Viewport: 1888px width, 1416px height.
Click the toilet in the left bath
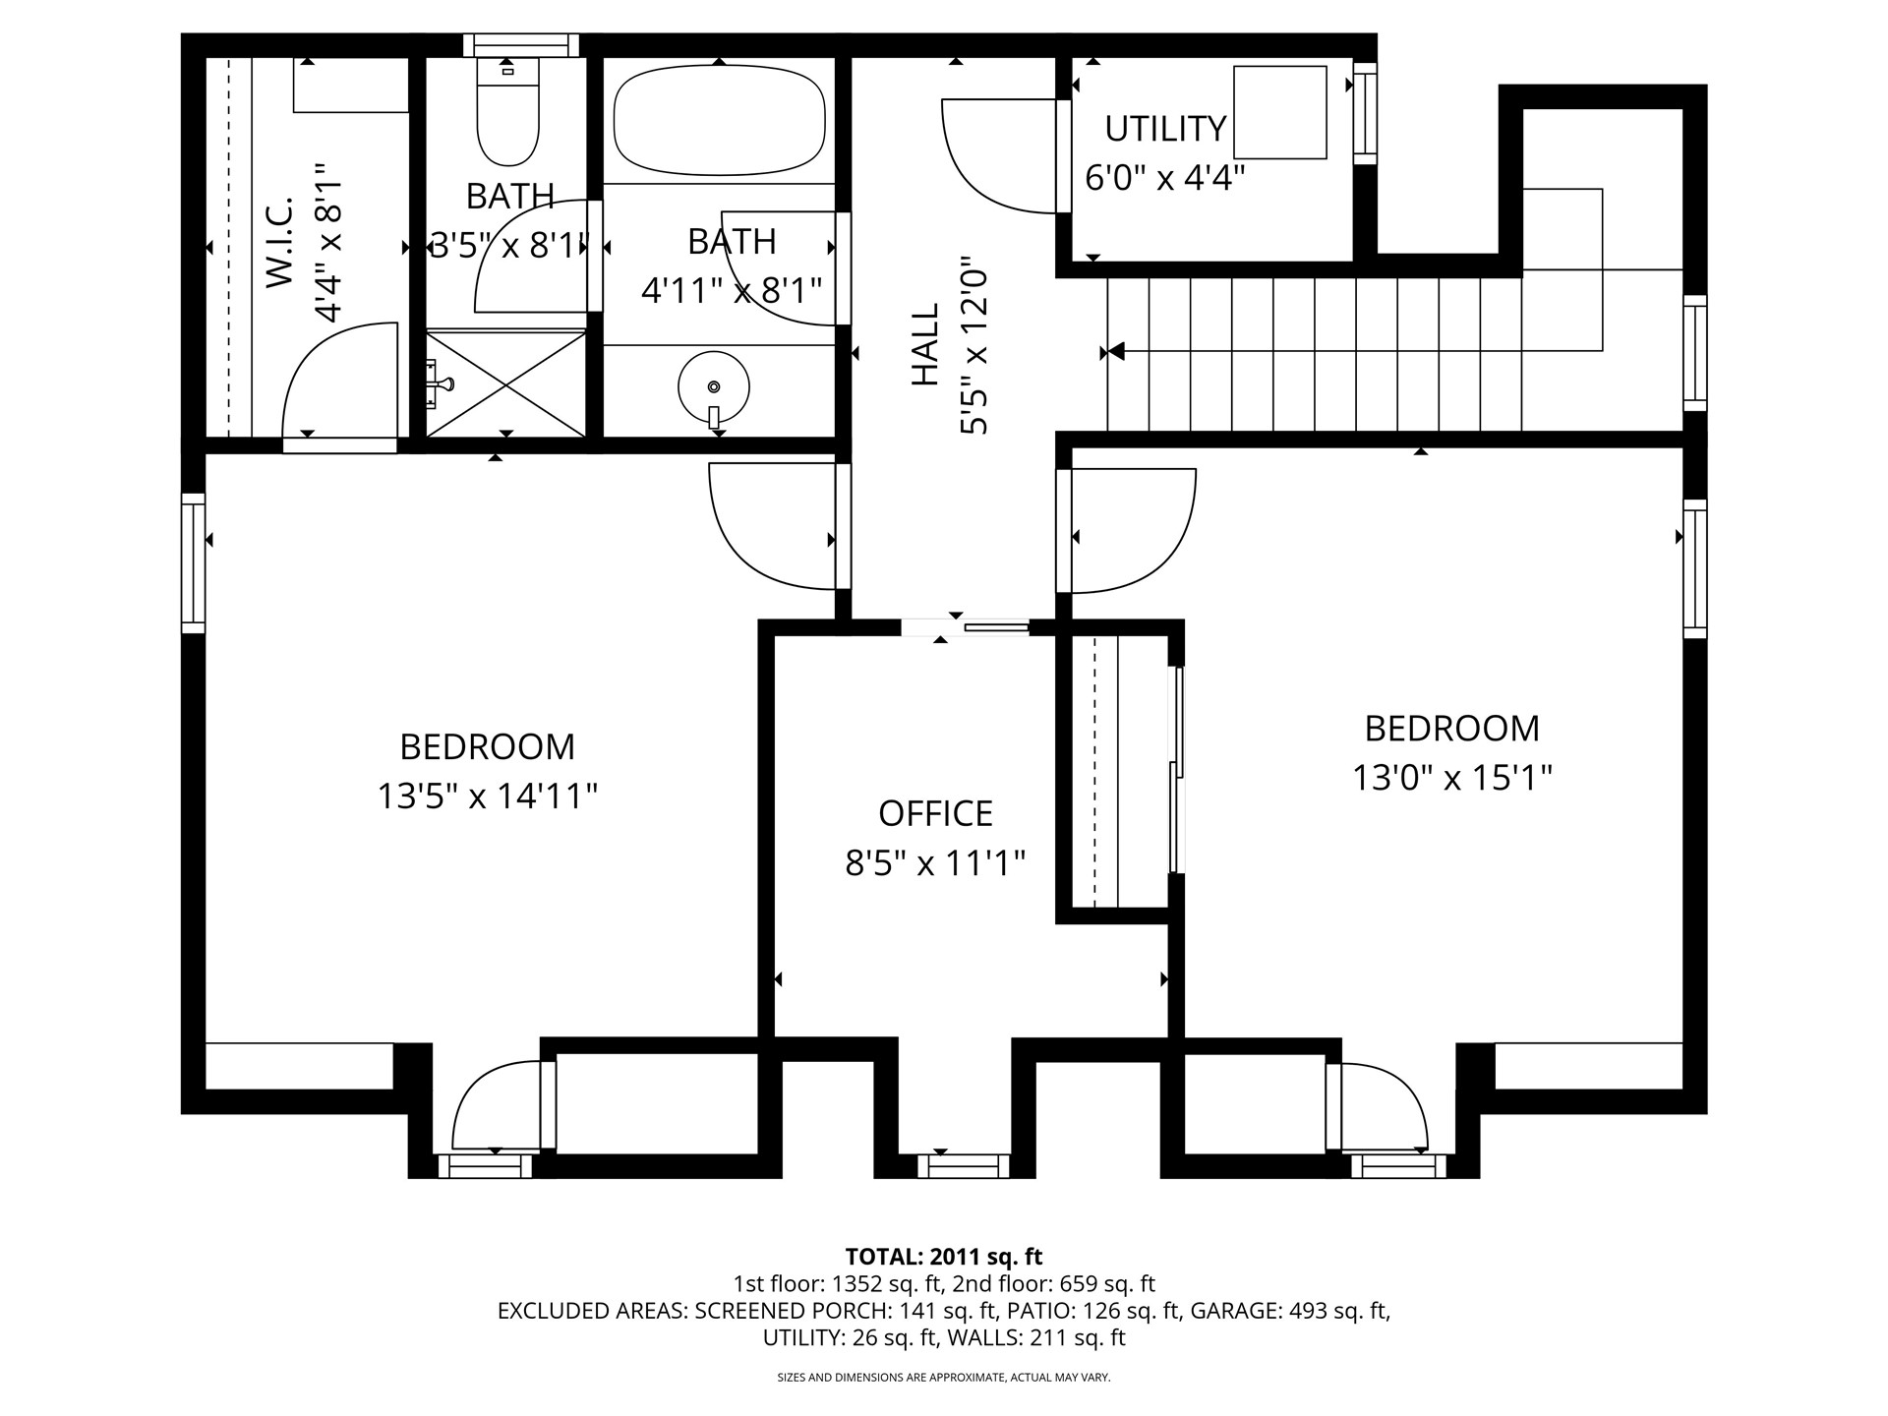click(507, 110)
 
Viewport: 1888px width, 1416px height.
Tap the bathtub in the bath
click(719, 120)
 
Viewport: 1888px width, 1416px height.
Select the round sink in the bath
click(714, 389)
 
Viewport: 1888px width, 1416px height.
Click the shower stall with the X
click(505, 383)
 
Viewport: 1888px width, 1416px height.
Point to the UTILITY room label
click(1165, 129)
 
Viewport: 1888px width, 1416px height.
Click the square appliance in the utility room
click(1280, 112)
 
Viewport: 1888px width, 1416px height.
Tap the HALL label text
click(925, 344)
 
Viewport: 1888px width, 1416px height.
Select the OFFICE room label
click(935, 813)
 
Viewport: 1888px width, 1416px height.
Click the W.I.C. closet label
click(280, 242)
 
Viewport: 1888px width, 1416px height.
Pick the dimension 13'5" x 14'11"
click(488, 796)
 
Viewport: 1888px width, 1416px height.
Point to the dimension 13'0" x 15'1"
click(1451, 778)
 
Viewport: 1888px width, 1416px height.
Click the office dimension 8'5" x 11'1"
click(935, 863)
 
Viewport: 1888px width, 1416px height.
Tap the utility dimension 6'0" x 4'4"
click(1165, 178)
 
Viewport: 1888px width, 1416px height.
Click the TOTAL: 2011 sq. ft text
click(943, 1257)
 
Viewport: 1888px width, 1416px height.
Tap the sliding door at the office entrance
click(965, 626)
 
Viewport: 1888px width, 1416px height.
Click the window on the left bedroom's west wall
click(194, 562)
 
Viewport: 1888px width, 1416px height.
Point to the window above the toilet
click(521, 45)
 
